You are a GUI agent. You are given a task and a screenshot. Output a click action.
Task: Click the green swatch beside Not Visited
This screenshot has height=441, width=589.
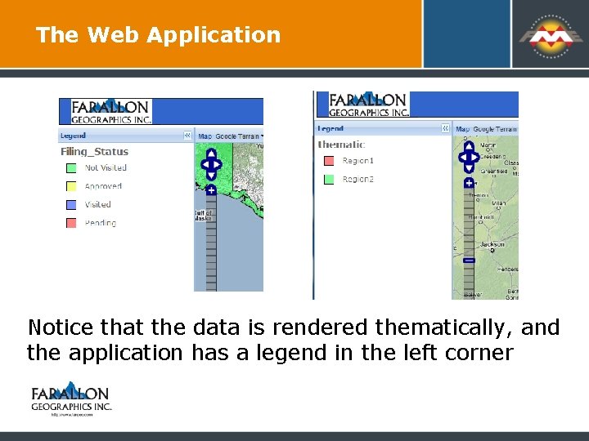71,168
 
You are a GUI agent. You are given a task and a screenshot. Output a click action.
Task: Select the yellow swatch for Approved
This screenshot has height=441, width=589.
71,186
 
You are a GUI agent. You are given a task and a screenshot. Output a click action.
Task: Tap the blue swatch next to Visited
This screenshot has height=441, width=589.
71,205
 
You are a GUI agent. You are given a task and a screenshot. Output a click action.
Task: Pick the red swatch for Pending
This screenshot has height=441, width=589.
71,223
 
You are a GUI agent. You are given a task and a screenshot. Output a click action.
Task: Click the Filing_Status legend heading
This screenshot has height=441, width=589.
94,151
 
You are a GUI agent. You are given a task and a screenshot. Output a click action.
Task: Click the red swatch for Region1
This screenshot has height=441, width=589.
329,161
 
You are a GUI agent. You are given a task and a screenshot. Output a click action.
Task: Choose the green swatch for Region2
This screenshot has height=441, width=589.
329,179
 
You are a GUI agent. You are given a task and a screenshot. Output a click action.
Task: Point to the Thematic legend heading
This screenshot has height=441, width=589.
341,145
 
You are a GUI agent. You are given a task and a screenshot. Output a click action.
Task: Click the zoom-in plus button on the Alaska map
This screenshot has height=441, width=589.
211,190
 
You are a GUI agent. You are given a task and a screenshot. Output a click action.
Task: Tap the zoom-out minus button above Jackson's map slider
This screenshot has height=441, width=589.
469,260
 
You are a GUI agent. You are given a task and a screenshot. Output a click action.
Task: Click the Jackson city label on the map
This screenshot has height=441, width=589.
492,244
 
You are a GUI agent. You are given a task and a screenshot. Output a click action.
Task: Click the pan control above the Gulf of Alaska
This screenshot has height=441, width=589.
211,163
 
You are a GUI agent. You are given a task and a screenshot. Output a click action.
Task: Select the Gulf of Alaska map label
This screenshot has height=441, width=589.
202,216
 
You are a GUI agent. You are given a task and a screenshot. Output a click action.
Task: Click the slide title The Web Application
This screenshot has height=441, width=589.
158,35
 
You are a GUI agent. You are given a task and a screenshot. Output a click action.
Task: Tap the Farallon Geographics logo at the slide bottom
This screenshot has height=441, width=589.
70,399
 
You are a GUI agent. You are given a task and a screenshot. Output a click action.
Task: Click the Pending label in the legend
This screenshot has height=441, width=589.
101,223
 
